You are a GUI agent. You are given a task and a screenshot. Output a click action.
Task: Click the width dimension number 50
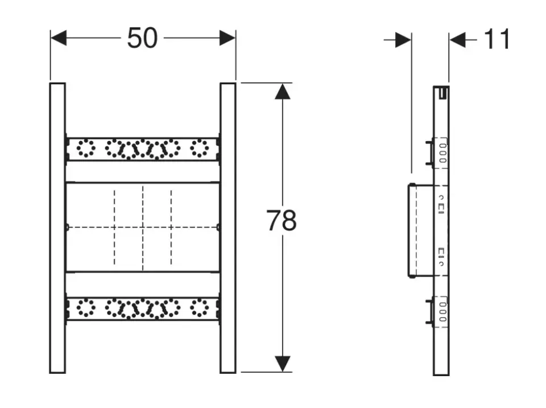tap(142, 39)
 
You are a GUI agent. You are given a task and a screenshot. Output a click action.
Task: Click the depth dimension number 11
tap(497, 40)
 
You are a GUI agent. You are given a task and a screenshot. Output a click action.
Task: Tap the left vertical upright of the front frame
tap(57, 228)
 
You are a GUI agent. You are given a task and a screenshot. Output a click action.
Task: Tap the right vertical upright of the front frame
tap(228, 228)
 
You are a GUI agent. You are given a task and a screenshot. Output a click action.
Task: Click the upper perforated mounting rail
tap(142, 150)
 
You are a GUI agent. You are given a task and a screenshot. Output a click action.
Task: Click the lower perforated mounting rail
tap(142, 308)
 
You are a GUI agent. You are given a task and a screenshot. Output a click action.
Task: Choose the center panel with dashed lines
tap(142, 226)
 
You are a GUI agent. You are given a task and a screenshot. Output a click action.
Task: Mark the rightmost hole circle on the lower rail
tap(200, 308)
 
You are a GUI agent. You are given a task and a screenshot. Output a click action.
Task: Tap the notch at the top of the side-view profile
tap(442, 92)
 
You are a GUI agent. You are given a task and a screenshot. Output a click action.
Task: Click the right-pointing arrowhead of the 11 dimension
tap(403, 40)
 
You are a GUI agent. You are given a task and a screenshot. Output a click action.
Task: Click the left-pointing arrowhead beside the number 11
tap(457, 40)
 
